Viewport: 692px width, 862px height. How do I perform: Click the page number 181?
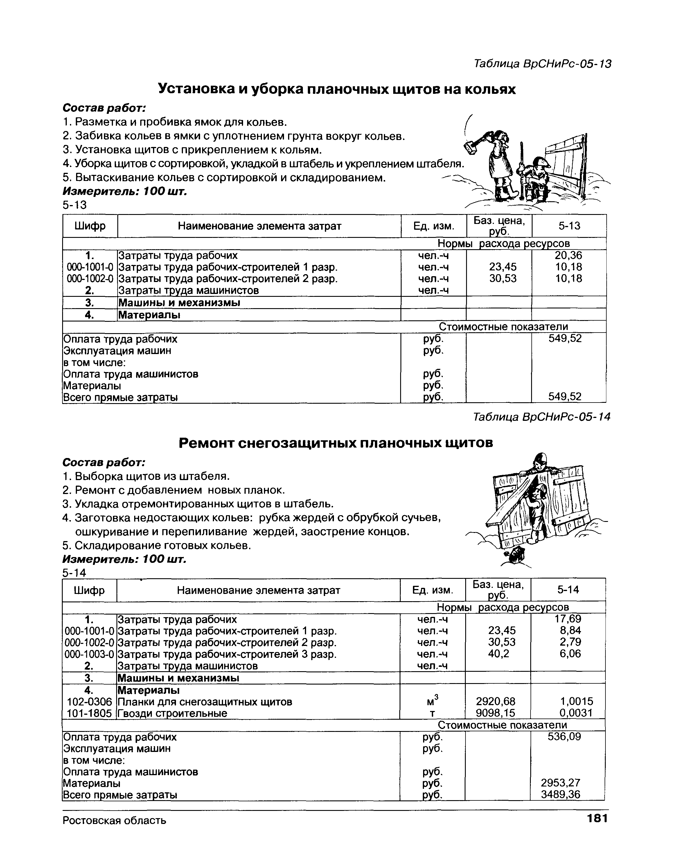point(597,818)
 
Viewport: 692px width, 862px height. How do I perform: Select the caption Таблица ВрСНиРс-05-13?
point(542,64)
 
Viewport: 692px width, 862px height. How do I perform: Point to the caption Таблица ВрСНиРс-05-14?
point(541,417)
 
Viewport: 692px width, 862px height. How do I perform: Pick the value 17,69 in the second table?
point(568,619)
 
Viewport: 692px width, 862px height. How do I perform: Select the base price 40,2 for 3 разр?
point(499,654)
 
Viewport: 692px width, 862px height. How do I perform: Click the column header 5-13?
point(569,226)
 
